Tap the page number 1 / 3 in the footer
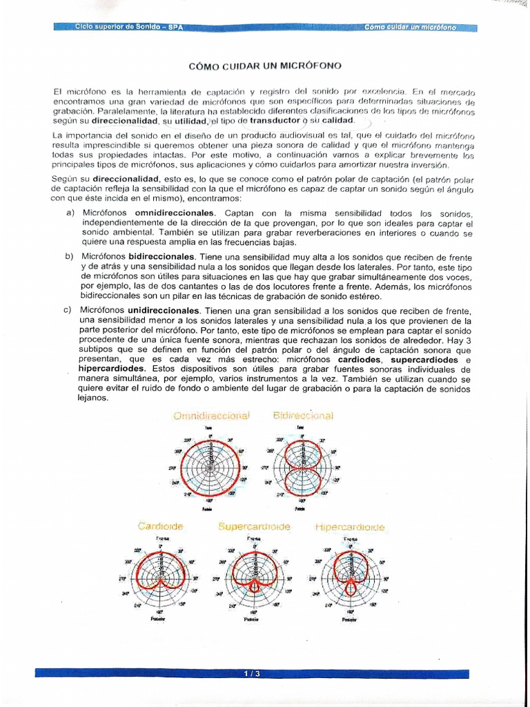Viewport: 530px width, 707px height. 251,673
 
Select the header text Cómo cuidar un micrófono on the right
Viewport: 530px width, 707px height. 411,28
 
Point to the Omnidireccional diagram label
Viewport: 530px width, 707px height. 211,416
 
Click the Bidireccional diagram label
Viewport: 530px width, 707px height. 303,416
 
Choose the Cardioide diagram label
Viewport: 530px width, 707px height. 160,526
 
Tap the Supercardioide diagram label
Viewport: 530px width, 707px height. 254,526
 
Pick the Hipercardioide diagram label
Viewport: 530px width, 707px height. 350,527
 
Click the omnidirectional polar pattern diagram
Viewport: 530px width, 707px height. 208,467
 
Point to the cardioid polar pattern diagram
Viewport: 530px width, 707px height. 160,574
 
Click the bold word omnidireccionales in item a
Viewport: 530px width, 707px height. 175,213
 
